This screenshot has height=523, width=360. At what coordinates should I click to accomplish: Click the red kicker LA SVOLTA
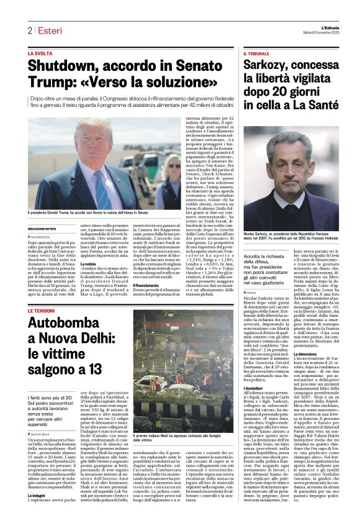point(40,54)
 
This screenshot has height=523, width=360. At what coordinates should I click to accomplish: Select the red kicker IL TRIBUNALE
point(256,54)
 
